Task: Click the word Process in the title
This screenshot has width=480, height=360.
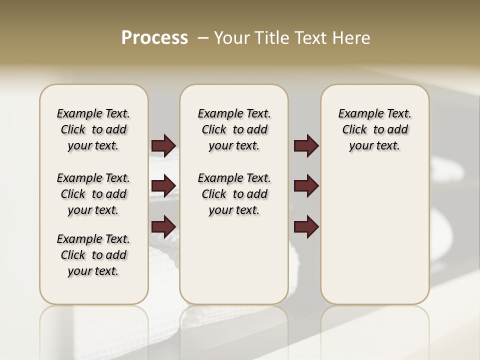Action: (x=154, y=37)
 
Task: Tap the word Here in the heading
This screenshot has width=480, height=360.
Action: (x=351, y=38)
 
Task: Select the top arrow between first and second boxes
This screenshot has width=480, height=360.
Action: (x=163, y=145)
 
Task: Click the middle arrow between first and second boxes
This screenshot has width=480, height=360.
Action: (x=163, y=186)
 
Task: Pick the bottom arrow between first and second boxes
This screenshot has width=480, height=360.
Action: (x=163, y=226)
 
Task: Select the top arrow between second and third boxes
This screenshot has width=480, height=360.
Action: (x=306, y=145)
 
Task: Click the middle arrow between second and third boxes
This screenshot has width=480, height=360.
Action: (x=306, y=186)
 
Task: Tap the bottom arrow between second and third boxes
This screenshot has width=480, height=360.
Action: (x=306, y=226)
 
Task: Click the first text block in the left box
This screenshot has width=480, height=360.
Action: (x=93, y=129)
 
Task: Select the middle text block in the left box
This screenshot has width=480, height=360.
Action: (x=93, y=194)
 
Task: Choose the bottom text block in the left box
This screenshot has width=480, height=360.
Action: (x=93, y=255)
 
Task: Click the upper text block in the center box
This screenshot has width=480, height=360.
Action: (x=234, y=129)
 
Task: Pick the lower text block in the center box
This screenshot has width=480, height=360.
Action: (x=234, y=194)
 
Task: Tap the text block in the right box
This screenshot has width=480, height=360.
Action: (x=374, y=129)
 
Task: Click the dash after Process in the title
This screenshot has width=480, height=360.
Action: (x=202, y=38)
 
